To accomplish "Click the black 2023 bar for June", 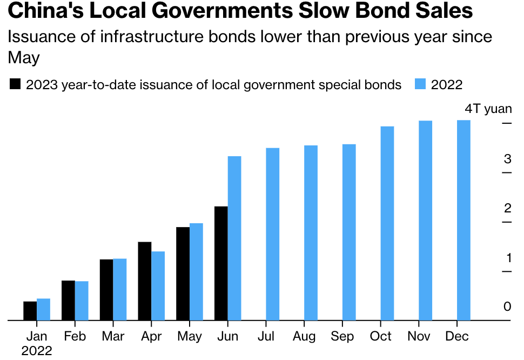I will coord(221,263).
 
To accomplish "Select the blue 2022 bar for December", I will coord(463,220).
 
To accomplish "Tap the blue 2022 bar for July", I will coord(273,234).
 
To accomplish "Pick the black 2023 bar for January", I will coord(30,311).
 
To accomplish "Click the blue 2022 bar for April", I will coord(158,286).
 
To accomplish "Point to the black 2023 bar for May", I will coord(183,274).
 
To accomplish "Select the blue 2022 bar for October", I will coord(387,223).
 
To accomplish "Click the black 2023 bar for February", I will coord(68,301).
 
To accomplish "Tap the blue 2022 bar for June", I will coord(234,238).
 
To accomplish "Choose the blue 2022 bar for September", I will coord(349,232).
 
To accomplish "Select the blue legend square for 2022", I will coord(421,85).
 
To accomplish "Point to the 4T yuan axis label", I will coord(488,109).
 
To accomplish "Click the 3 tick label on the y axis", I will coord(507,159).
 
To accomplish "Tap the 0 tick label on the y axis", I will coord(507,306).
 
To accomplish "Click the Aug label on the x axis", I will coord(304,336).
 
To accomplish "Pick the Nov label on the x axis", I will coord(419,336).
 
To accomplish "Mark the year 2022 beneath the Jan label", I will coord(37,351).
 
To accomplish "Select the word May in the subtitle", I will coord(24,57).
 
